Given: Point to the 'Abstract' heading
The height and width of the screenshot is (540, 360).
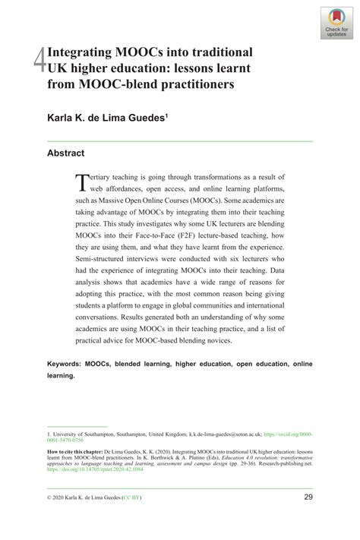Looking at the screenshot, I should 65,153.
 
